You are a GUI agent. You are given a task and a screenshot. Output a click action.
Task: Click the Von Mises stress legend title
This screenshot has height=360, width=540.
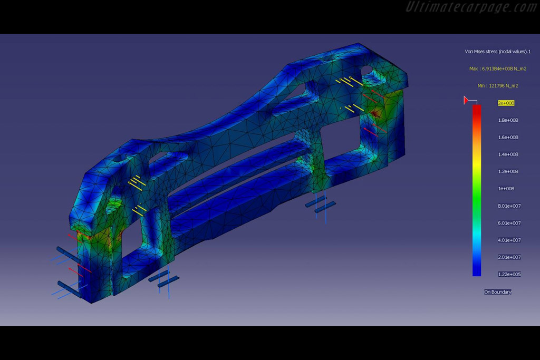(x=498, y=52)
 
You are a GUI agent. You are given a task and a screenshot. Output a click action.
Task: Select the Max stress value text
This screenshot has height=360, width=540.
(x=498, y=69)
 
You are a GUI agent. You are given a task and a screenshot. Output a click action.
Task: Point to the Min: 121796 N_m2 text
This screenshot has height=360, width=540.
(x=498, y=86)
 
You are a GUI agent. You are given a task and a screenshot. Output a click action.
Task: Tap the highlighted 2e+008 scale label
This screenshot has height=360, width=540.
(x=506, y=103)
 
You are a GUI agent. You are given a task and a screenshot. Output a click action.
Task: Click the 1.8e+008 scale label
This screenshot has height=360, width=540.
(x=508, y=120)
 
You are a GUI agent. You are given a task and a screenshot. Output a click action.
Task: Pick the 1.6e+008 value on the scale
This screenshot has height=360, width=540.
(x=508, y=138)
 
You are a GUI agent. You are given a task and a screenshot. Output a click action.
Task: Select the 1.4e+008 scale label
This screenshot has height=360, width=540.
(x=508, y=154)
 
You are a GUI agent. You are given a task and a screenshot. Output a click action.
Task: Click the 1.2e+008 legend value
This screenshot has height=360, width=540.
(x=508, y=171)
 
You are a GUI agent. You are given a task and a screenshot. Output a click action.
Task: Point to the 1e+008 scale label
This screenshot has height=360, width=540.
(x=506, y=189)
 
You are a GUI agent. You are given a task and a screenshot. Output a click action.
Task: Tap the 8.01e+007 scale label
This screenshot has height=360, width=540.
(x=509, y=206)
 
